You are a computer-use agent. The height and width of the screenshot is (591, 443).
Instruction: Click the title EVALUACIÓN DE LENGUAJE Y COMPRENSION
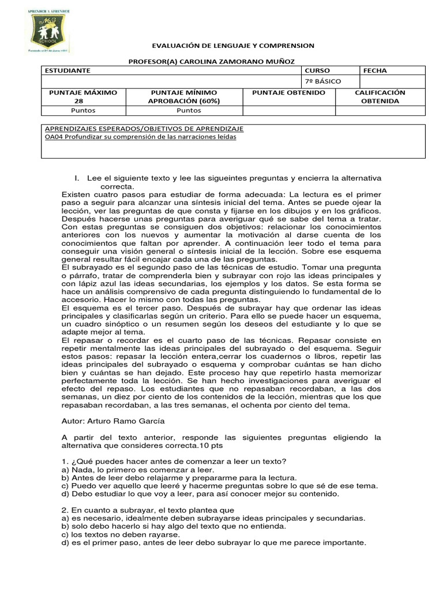233,45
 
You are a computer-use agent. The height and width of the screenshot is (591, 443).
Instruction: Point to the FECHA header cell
375,70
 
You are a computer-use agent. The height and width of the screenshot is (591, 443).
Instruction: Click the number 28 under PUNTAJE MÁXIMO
84,101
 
